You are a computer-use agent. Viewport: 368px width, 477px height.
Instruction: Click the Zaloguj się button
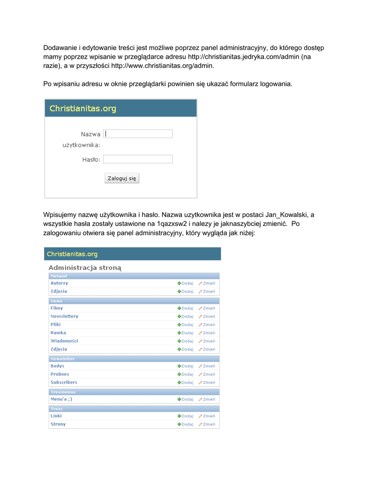[121, 178]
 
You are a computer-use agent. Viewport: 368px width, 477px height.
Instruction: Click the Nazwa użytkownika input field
[138, 134]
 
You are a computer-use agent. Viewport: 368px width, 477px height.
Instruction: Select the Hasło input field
[138, 159]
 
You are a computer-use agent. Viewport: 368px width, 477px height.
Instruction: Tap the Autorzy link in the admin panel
[59, 283]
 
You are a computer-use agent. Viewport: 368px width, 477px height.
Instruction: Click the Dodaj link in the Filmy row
[185, 308]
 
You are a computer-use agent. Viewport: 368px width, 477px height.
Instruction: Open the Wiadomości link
[64, 341]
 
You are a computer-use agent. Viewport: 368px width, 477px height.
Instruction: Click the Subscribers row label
[64, 382]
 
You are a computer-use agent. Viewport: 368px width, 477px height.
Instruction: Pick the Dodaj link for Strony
[185, 424]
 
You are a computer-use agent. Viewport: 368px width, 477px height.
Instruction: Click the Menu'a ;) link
[61, 399]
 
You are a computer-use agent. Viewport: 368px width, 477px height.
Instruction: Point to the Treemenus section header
[63, 392]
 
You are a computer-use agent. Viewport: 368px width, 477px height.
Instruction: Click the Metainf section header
[59, 276]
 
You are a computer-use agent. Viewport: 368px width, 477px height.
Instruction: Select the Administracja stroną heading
[85, 268]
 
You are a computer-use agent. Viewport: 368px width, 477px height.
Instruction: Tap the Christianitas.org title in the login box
[83, 109]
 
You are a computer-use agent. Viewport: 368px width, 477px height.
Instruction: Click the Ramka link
[58, 333]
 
